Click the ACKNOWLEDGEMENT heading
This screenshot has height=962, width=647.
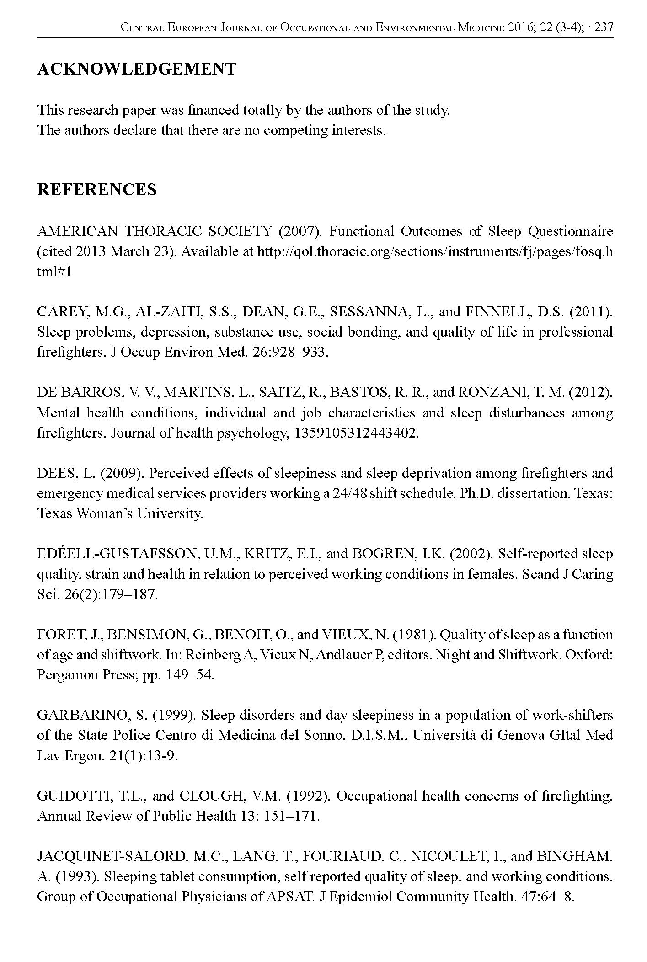[137, 69]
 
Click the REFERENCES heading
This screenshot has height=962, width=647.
[97, 189]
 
